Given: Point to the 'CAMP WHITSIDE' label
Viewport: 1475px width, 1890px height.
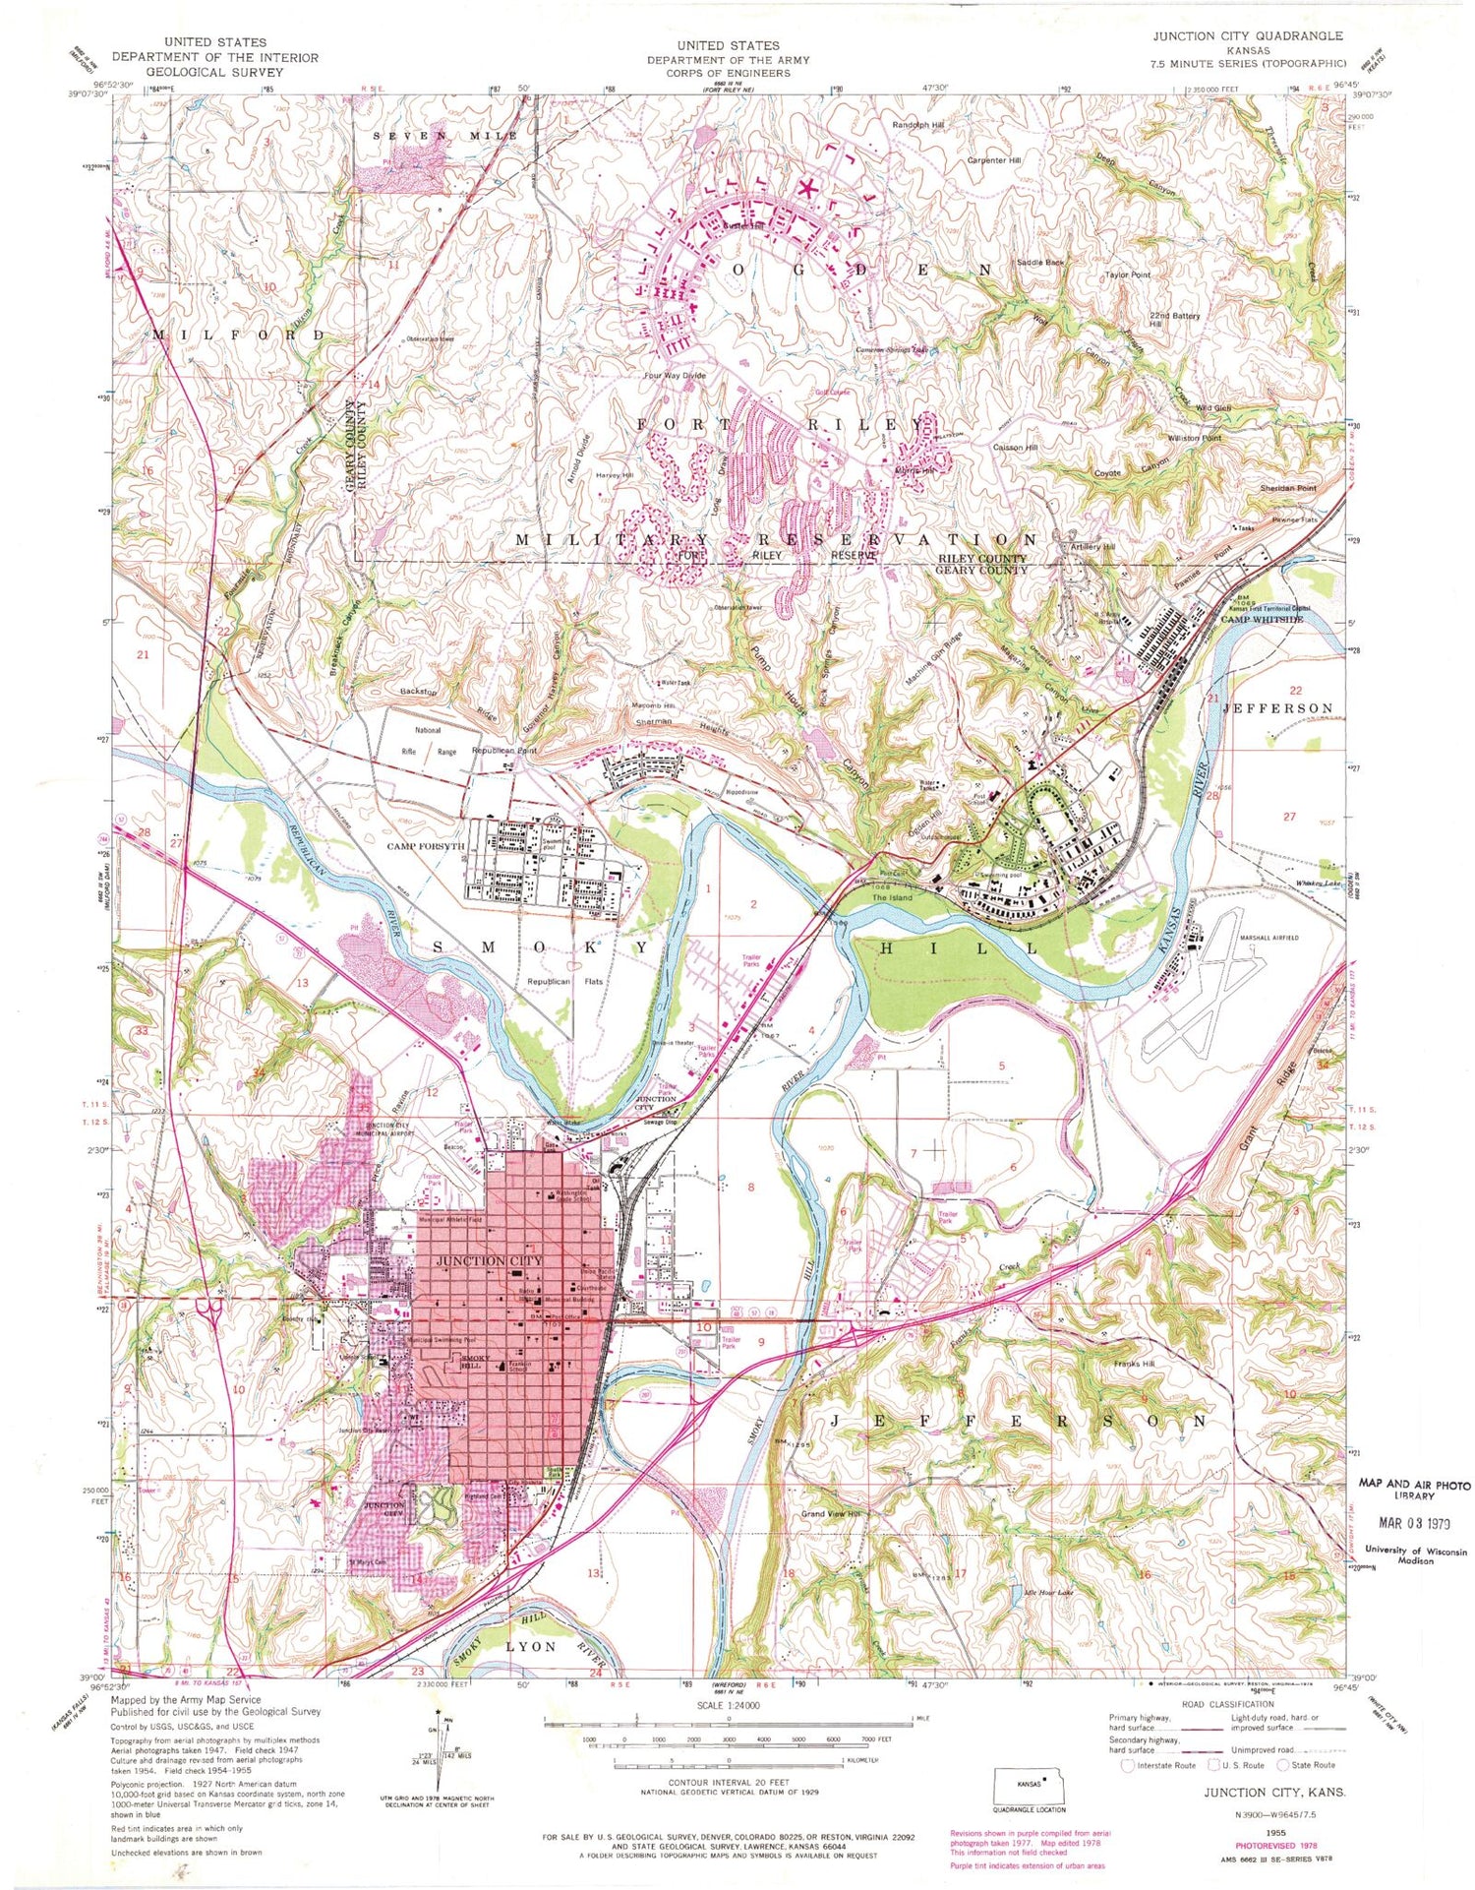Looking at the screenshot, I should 1262,620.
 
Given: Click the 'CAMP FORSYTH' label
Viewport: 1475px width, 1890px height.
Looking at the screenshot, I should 425,846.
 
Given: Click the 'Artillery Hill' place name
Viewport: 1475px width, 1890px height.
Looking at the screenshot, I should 1093,547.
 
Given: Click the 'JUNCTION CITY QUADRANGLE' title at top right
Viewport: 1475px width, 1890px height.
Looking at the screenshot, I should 1248,35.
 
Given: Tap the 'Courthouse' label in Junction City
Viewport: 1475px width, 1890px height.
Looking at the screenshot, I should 590,1287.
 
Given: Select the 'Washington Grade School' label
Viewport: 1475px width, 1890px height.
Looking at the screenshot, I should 571,1197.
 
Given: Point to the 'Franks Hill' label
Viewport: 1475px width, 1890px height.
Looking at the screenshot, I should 1134,1364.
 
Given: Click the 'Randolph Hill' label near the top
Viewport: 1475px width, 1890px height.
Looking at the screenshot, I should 917,125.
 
